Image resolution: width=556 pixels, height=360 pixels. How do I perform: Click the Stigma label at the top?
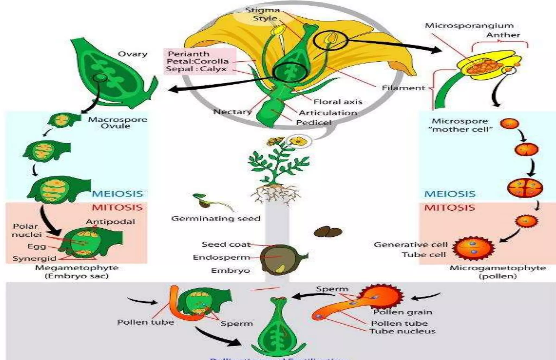point(262,10)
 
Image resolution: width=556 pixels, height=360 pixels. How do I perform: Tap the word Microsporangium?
point(469,26)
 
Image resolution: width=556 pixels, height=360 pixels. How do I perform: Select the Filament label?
point(403,88)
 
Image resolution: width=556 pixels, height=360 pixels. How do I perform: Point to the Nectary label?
point(233,112)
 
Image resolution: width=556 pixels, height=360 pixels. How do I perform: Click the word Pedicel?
point(314,123)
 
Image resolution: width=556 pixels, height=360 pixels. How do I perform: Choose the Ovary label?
point(132,54)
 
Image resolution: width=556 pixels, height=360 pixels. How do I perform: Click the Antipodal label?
point(110,222)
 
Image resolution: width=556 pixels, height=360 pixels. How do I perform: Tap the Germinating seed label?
point(216,218)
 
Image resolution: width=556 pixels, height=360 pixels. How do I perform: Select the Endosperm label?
point(221,257)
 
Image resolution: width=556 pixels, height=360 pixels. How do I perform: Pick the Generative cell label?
point(410,245)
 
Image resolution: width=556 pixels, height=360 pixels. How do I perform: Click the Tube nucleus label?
point(402,331)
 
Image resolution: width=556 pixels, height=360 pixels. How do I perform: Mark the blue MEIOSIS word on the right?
point(450,194)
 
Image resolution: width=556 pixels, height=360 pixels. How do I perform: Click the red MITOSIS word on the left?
point(117,208)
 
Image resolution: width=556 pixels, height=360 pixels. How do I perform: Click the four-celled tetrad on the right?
point(525,188)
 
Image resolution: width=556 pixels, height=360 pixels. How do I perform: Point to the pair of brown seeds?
point(328,232)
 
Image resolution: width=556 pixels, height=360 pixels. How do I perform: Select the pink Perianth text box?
point(200,61)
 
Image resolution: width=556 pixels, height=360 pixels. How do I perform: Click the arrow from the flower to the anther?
point(394,45)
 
